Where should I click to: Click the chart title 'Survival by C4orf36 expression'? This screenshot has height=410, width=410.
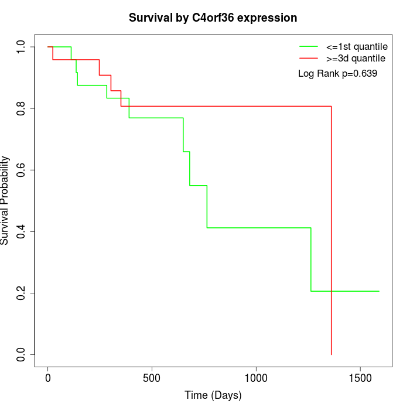[x=213, y=18]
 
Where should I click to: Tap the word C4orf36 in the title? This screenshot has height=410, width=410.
[x=213, y=18]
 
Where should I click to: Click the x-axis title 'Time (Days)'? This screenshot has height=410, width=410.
[x=213, y=395]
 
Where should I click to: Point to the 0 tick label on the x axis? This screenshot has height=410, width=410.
[x=48, y=378]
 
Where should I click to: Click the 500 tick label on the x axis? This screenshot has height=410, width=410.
[x=152, y=378]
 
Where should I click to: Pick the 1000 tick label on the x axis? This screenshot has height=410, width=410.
[x=256, y=378]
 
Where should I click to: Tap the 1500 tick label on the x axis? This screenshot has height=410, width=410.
[x=360, y=378]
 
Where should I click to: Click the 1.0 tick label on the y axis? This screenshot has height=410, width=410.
[x=22, y=47]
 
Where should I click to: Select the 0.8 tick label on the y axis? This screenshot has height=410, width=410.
[x=22, y=108]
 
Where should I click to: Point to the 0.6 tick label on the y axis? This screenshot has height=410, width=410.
[x=22, y=170]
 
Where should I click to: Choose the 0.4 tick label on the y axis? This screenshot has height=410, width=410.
[x=22, y=231]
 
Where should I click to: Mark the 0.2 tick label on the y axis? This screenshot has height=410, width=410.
[x=22, y=293]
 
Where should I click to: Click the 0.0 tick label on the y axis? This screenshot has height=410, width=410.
[x=22, y=354]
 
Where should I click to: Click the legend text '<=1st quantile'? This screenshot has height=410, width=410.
[x=356, y=46]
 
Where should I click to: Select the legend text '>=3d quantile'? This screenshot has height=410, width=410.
[x=356, y=59]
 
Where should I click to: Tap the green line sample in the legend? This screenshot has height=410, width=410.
[x=309, y=46]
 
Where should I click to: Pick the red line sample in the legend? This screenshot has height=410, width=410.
[x=309, y=59]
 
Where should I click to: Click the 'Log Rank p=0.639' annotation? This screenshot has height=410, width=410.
[x=337, y=74]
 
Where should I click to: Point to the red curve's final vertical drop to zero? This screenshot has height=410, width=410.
[x=332, y=234]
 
